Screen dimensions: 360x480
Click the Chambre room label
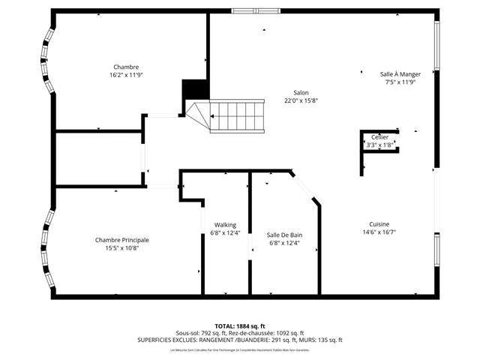[x=126, y=67]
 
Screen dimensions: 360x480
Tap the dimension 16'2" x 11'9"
[x=126, y=75]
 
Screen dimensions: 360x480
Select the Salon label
[x=301, y=93]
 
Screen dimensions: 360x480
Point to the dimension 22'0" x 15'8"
[x=301, y=101]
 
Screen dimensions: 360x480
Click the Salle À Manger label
[x=400, y=73]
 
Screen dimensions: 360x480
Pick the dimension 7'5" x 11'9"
[x=400, y=82]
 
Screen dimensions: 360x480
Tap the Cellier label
[x=380, y=137]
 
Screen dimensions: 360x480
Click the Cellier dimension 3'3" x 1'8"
[x=380, y=145]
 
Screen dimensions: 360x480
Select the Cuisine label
[x=379, y=224]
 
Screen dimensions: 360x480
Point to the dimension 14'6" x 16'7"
[x=379, y=232]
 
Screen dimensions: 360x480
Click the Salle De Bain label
[x=284, y=235]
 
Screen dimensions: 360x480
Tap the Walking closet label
[x=225, y=224]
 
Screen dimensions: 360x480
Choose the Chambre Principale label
[x=121, y=240]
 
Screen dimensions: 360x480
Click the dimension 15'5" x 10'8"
[x=121, y=247]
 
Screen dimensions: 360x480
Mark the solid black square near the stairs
[x=194, y=88]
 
